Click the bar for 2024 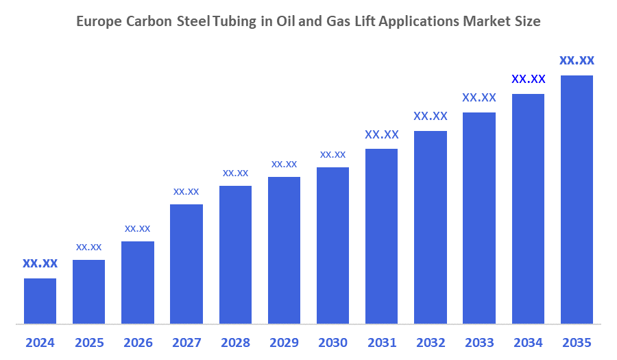pos(40,300)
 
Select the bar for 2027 pos(186,263)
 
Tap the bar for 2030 pos(332,245)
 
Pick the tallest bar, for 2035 pos(577,199)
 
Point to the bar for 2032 pos(431,226)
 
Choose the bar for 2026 pos(138,282)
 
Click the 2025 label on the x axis pos(89,342)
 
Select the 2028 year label pos(235,342)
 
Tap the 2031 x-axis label pos(382,342)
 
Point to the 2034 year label pos(528,342)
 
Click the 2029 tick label pos(284,342)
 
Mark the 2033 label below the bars pos(479,342)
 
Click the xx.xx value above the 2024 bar pos(40,263)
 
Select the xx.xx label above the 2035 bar pos(577,60)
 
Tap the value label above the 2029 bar pos(284,164)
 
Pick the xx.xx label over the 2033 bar pos(479,97)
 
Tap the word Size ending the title pos(527,22)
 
